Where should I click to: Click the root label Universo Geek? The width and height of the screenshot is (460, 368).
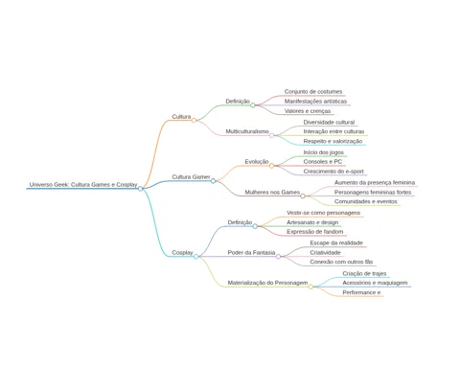click(x=83, y=185)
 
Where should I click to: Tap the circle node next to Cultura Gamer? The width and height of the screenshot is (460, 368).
click(x=213, y=181)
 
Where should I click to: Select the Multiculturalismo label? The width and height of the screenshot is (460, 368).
click(x=247, y=131)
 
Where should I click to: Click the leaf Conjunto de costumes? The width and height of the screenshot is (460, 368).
click(x=313, y=92)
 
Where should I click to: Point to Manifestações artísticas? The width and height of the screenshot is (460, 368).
click(x=315, y=102)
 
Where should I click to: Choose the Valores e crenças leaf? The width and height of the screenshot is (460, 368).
click(x=308, y=111)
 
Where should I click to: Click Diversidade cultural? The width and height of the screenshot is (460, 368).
click(x=329, y=122)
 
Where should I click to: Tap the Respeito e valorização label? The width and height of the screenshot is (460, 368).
click(x=333, y=141)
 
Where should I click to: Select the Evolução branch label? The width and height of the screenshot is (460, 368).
click(x=257, y=162)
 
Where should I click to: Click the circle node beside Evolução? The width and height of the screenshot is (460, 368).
click(x=271, y=166)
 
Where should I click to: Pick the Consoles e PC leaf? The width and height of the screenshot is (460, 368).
click(x=323, y=162)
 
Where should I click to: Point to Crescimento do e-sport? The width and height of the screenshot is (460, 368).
click(x=333, y=172)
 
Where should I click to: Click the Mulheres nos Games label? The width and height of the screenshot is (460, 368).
click(x=272, y=192)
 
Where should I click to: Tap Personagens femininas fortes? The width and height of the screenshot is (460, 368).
click(x=373, y=193)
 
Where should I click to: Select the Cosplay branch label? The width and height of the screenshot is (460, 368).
click(x=182, y=252)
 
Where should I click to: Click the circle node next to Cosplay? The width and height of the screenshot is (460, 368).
click(x=195, y=257)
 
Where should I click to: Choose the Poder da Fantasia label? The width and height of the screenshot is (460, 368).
click(x=251, y=252)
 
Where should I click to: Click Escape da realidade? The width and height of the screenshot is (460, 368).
click(x=336, y=242)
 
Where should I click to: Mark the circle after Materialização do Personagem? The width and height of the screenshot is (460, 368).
click(x=310, y=287)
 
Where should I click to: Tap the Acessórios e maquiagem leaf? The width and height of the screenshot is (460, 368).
click(x=375, y=283)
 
